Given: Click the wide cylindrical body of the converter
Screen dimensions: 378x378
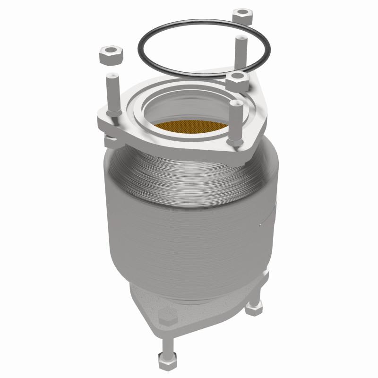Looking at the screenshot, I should click(x=189, y=227).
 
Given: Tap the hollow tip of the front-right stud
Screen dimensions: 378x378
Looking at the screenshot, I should click(x=236, y=102).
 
